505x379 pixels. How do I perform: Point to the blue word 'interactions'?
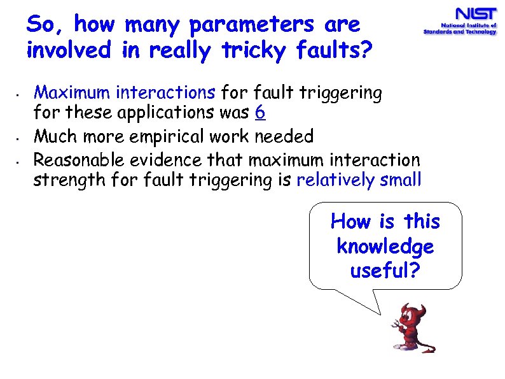coord(165,94)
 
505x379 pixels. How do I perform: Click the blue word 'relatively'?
coord(336,180)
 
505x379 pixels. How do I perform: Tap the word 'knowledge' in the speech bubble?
coord(385,247)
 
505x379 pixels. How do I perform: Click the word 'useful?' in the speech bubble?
coord(385,271)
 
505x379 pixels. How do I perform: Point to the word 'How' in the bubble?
coord(350,222)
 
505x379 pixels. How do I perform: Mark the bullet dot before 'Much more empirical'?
coord(20,138)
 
